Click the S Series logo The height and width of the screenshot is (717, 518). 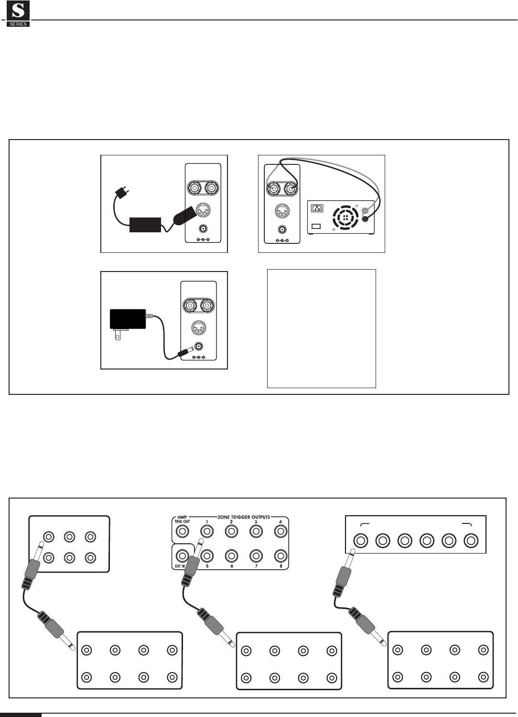click(x=18, y=14)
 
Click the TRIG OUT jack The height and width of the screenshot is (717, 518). click(x=182, y=531)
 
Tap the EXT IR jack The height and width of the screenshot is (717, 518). click(x=182, y=555)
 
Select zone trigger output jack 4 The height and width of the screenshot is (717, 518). click(x=280, y=531)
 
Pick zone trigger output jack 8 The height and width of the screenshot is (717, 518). click(x=280, y=555)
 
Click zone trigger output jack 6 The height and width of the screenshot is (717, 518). click(x=231, y=555)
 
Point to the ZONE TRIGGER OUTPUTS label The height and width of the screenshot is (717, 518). click(x=244, y=517)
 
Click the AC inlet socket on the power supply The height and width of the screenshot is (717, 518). click(x=317, y=208)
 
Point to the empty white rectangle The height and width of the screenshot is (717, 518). click(x=321, y=328)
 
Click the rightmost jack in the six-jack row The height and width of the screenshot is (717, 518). click(x=471, y=541)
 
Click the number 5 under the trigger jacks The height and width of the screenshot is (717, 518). click(x=207, y=566)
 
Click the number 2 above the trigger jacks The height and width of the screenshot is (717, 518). click(x=231, y=521)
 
